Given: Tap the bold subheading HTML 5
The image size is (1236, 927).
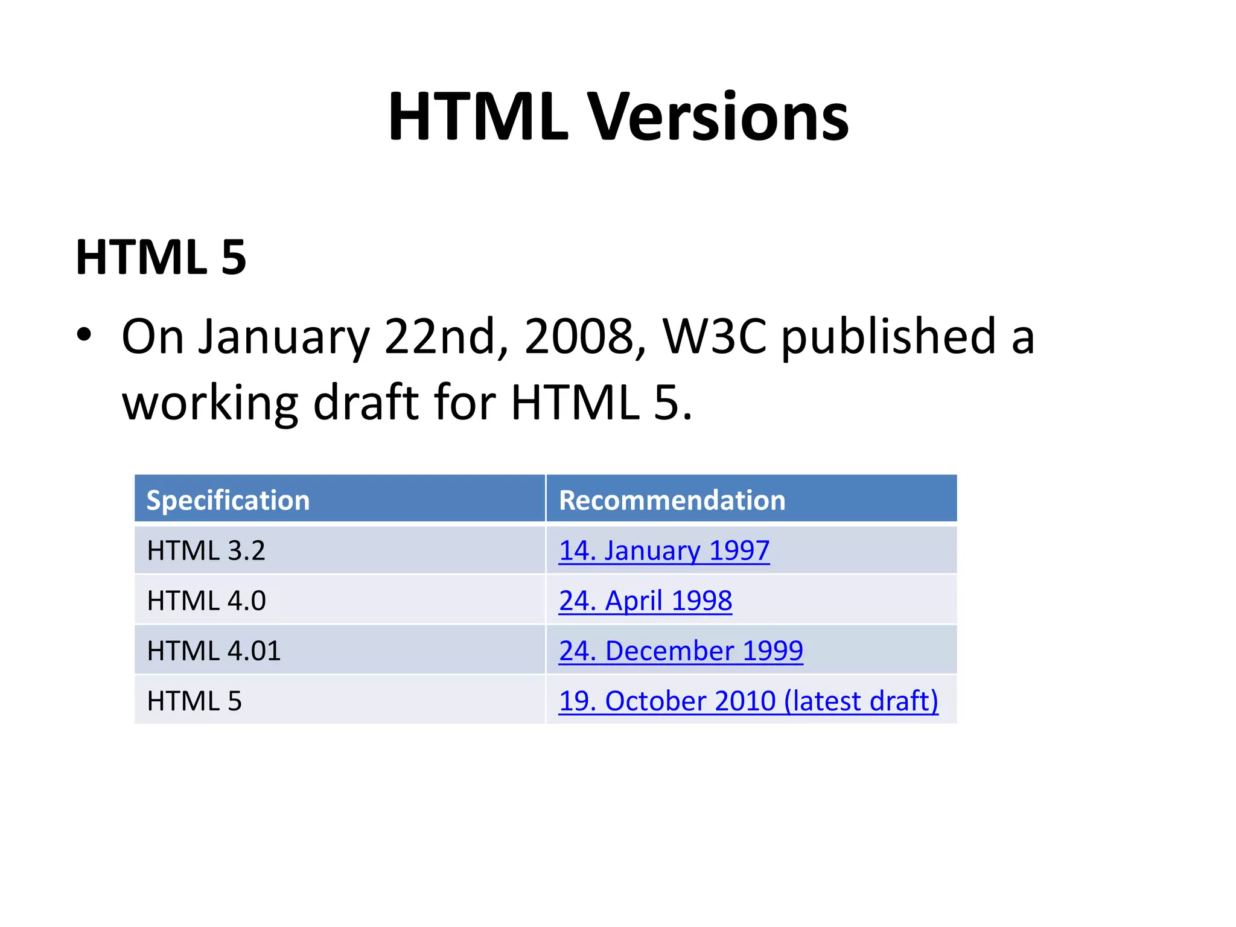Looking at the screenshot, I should coord(161,258).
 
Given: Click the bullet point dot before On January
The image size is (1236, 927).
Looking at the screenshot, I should coord(84,334).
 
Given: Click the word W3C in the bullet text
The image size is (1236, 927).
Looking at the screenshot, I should coord(715,337).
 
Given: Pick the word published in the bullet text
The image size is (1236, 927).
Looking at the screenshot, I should coord(888,337).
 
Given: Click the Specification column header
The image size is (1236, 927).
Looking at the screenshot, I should coord(228,500).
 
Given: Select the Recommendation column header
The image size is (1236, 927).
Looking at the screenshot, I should coord(672,500).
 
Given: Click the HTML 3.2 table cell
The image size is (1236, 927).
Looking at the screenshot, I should coord(206,550).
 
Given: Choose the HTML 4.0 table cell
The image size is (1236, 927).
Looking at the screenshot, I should coord(206,600).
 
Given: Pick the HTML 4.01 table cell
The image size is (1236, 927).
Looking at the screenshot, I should coord(214,651).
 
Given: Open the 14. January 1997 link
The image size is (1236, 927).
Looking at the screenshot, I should coord(664,550).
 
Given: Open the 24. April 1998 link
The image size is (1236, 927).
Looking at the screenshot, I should coord(645,600).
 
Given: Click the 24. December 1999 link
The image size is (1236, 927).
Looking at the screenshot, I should coord(681,651).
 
